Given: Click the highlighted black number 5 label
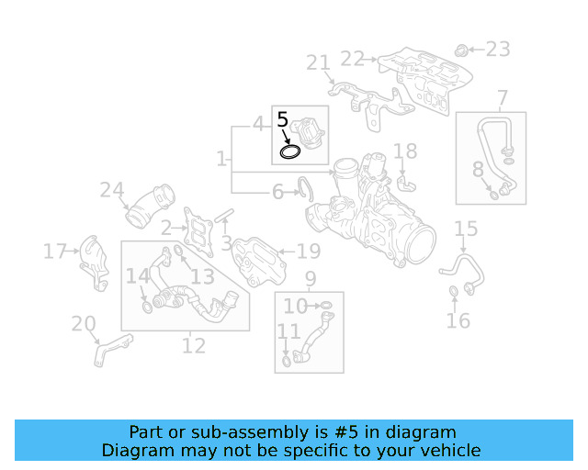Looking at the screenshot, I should pos(283,119).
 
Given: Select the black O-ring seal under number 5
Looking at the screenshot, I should pos(290,150).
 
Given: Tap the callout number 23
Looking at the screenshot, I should pos(497,49).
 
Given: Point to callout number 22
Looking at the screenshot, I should pos(353,59).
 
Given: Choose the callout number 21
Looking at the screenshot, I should pos(318,62).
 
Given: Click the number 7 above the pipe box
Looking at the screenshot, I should pos(503,98).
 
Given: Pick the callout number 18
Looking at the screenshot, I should pos(405,151).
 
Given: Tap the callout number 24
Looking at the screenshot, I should pos(112,190).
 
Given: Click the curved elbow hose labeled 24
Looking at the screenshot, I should pos(150,207).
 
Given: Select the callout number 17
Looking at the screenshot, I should pos(55,251).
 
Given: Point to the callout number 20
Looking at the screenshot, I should pos(84,323).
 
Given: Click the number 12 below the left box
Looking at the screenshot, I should pos(194,346).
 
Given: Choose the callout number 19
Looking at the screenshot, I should pos(308,251).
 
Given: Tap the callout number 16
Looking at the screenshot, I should pos(458,320).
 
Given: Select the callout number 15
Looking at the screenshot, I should pos(466,229).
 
